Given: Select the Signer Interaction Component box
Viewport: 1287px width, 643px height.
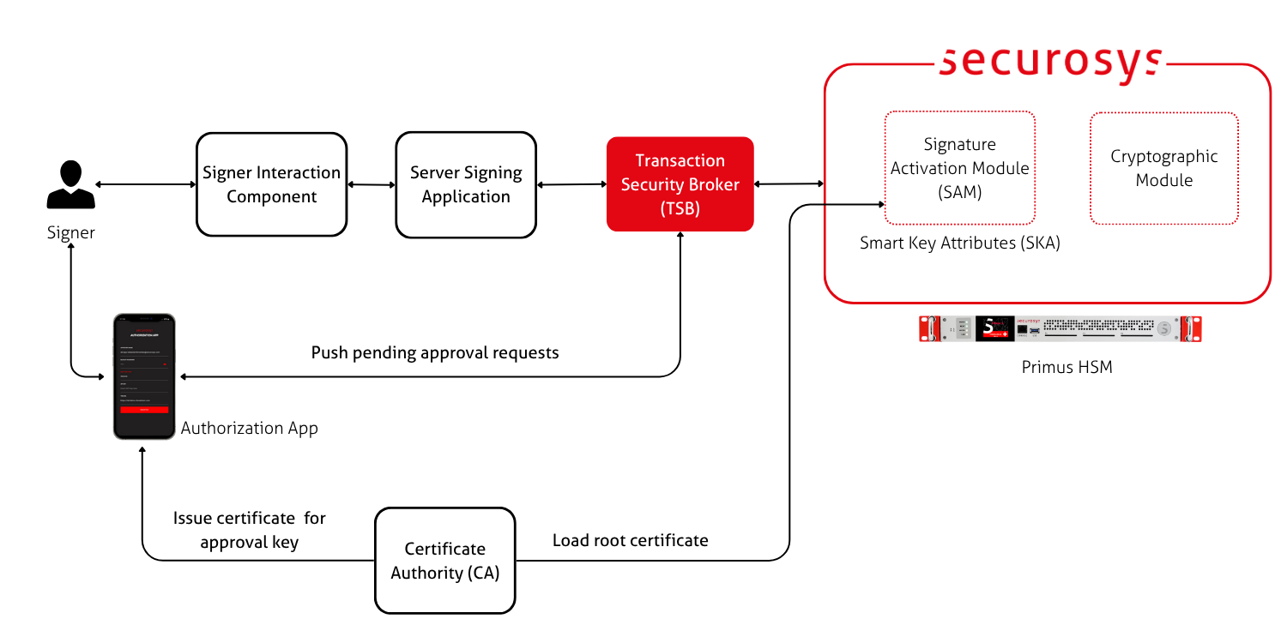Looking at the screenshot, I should (271, 184).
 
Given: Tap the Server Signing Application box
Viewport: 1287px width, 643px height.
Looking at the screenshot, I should (466, 184).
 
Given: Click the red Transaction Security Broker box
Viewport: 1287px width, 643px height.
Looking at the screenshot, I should (680, 184).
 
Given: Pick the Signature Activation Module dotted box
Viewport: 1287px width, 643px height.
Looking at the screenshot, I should (959, 168).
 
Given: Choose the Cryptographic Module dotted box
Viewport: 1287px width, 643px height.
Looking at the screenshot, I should (1163, 168).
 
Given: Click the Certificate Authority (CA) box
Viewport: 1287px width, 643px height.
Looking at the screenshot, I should (444, 561).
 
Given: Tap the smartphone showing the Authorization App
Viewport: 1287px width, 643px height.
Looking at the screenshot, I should (143, 376).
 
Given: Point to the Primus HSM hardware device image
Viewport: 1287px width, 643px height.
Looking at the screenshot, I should (1060, 328).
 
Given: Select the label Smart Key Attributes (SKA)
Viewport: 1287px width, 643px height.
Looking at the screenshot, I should (960, 243).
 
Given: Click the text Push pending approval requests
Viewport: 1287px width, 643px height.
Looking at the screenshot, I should (434, 352).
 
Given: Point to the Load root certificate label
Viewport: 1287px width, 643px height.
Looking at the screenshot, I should (630, 540).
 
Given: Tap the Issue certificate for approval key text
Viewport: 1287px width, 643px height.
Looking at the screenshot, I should (249, 530).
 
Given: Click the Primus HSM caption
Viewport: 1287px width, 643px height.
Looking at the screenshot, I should (1066, 367).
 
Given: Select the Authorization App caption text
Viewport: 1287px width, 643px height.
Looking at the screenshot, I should (249, 428).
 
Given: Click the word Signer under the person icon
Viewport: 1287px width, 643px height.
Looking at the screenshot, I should (70, 232).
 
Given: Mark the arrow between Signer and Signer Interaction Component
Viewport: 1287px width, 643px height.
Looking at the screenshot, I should (146, 184).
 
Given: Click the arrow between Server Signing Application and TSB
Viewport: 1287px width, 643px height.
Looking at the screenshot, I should (571, 184).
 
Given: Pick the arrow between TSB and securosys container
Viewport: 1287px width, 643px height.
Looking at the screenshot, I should (789, 183).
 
